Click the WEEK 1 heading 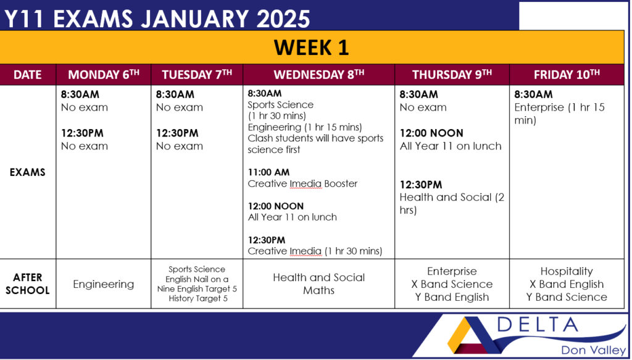(x=311, y=47)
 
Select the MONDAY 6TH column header (x=104, y=75)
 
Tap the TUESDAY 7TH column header (x=197, y=75)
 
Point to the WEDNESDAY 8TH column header (x=319, y=75)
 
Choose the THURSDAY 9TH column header (x=452, y=75)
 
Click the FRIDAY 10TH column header (x=567, y=75)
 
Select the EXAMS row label (x=27, y=172)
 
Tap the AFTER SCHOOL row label (x=27, y=284)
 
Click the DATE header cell (x=27, y=75)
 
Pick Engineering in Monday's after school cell (x=104, y=284)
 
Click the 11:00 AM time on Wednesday (x=268, y=172)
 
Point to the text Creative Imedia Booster (x=302, y=184)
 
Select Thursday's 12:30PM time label (x=421, y=185)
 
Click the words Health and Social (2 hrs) (x=452, y=204)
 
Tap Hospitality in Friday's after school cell (x=567, y=271)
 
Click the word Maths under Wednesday (x=319, y=290)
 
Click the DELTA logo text (x=538, y=325)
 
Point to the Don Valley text (x=594, y=350)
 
